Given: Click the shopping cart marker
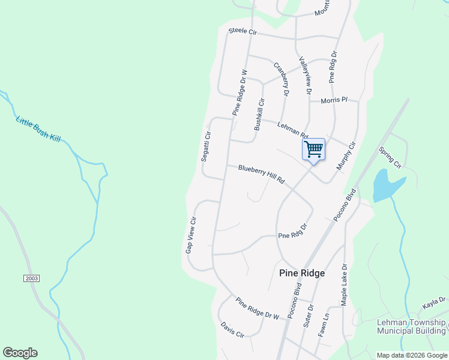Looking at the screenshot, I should [x=313, y=149].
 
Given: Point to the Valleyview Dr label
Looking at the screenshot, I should [x=305, y=76].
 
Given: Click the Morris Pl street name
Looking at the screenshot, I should [x=334, y=100].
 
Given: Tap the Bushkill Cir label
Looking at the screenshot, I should [x=259, y=115].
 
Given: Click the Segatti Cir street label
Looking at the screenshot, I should [x=206, y=146].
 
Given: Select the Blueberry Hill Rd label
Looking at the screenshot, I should [x=261, y=174].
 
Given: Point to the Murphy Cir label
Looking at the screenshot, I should [x=346, y=155].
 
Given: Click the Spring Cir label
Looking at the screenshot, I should [x=390, y=155].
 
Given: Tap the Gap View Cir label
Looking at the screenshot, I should [x=191, y=235].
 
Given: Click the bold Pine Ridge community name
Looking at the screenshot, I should [x=302, y=273].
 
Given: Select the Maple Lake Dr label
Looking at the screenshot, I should [x=345, y=284].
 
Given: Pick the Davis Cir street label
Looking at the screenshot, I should [x=232, y=330].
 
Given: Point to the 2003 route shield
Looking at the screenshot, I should [x=32, y=279].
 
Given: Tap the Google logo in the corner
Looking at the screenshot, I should [x=20, y=353].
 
